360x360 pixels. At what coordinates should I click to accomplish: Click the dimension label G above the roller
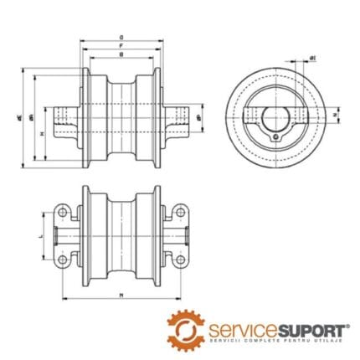[x=122, y=38]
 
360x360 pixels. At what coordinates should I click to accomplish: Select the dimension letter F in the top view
[x=122, y=47]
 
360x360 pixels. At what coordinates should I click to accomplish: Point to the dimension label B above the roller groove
[x=122, y=55]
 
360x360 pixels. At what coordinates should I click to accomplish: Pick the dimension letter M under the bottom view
[x=122, y=296]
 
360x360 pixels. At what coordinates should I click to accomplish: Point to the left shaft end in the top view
[x=60, y=121]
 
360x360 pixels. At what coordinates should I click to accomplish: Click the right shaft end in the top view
[x=184, y=121]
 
